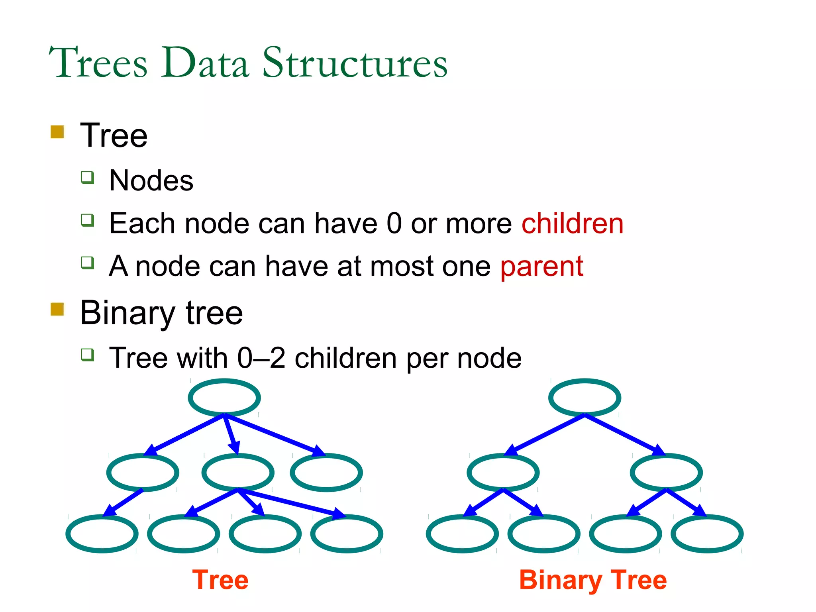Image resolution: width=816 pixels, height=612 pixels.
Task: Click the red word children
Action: (572, 224)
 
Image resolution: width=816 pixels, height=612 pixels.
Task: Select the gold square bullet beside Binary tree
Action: (57, 309)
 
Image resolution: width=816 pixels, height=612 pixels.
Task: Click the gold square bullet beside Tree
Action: (57, 132)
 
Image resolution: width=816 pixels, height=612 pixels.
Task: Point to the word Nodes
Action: (151, 180)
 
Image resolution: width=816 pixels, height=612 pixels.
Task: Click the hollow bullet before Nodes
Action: (87, 177)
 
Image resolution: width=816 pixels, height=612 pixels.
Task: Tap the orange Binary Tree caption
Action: (592, 580)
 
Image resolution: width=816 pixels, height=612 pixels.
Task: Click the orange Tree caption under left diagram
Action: (220, 580)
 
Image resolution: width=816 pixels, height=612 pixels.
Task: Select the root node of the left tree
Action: (224, 398)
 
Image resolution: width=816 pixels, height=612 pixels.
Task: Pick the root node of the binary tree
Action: (585, 398)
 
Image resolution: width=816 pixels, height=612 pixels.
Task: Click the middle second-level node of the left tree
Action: (238, 473)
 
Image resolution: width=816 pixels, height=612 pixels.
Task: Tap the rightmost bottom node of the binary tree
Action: (707, 534)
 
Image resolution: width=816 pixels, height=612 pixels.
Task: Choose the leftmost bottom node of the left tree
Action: (102, 534)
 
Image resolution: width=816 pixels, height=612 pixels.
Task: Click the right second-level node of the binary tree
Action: (666, 473)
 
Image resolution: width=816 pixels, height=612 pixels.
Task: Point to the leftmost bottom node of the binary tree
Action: (462, 534)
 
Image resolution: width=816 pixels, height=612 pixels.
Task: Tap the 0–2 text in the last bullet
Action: (261, 358)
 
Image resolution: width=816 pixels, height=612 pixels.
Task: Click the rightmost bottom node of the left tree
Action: (347, 534)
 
